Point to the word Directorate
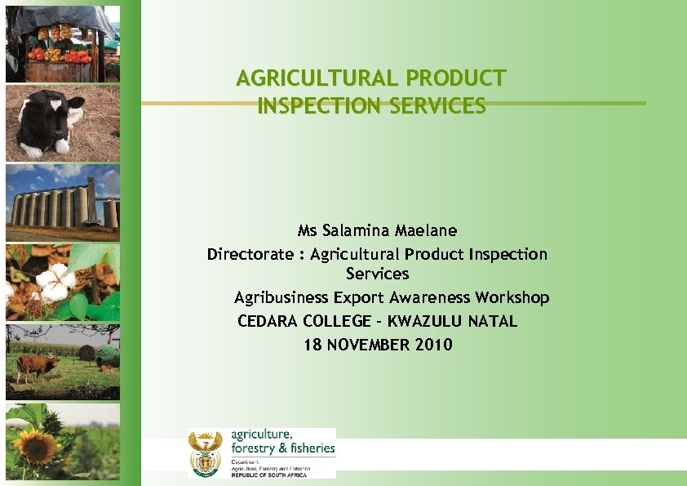click(250, 254)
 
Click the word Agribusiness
click(279, 297)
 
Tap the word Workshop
click(512, 297)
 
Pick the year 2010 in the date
click(433, 345)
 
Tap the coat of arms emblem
click(205, 453)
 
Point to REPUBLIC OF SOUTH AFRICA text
click(269, 475)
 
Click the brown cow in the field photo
click(37, 365)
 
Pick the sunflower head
click(34, 445)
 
